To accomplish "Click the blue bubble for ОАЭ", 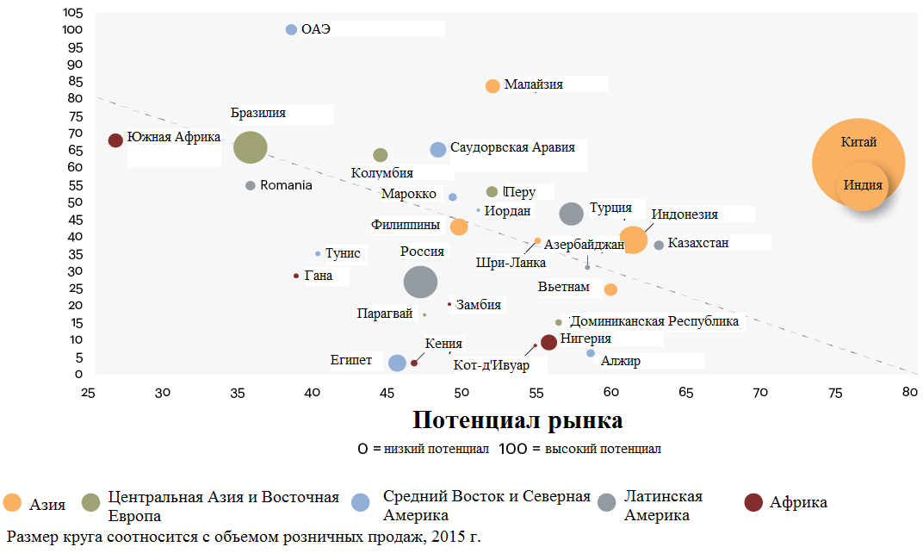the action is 291,29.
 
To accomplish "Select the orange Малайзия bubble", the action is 492,86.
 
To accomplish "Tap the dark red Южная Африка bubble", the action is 115,140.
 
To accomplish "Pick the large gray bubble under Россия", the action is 420,282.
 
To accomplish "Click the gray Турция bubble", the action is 571,214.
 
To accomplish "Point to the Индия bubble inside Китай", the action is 863,185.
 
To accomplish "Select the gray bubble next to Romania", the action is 251,185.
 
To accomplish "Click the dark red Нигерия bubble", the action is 548,342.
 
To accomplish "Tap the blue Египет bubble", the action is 397,363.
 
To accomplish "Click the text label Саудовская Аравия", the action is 512,147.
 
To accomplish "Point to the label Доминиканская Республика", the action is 654,321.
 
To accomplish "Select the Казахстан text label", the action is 698,243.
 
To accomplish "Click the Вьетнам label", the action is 563,287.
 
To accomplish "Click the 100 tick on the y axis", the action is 72,29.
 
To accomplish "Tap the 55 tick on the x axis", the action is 536,392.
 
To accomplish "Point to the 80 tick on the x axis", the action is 909,392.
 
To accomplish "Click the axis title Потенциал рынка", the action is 517,420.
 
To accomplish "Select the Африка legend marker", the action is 753,502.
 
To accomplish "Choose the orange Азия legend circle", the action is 12,502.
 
